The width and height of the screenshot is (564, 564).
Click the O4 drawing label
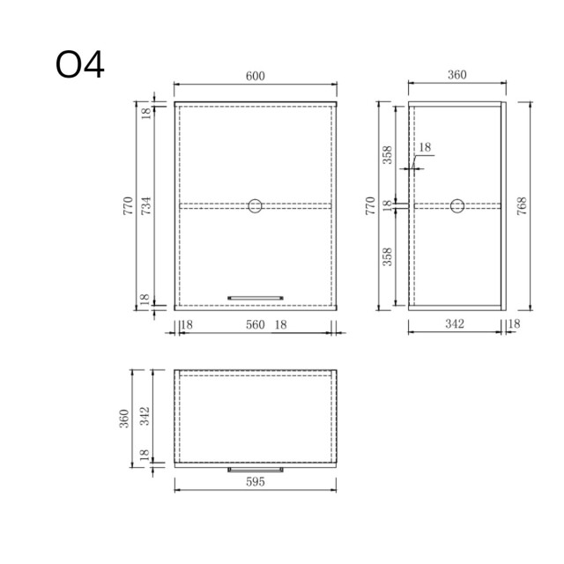coord(80,65)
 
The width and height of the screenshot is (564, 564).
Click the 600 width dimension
coord(255,76)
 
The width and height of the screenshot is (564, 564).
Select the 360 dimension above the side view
coord(456,76)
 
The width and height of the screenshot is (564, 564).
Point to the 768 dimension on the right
coord(522,205)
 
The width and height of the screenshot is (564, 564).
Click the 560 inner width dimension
coord(255,325)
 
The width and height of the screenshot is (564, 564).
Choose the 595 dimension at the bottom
coord(255,483)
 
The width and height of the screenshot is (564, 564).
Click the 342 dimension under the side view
coord(455,325)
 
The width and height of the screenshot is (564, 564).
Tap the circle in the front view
coord(255,206)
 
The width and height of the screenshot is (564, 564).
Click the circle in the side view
coord(457,206)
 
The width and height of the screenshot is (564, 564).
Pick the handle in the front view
coord(255,298)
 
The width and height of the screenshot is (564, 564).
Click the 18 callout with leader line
coord(425,148)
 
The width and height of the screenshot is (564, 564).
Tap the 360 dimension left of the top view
coord(125,416)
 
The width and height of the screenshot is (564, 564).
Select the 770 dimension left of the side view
coord(370,205)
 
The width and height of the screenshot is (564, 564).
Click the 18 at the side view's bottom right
coord(515,325)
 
